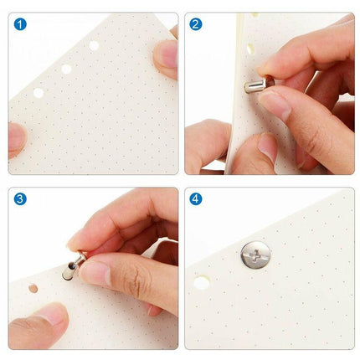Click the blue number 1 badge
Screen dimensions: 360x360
tap(20, 24)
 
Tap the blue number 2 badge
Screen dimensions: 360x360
tap(196, 24)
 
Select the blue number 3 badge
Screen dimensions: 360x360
tap(20, 199)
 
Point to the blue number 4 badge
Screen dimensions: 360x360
tap(196, 199)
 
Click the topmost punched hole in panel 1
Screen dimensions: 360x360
tap(94, 45)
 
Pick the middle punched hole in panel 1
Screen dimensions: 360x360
tap(66, 69)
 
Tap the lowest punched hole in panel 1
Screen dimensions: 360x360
tap(39, 93)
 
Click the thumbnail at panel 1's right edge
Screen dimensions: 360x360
tap(169, 54)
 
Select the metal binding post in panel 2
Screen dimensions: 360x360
tap(257, 85)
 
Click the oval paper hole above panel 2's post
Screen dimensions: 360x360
tap(249, 49)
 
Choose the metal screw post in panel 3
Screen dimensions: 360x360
tap(73, 265)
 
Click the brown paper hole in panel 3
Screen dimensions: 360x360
tap(33, 288)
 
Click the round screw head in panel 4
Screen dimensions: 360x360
tap(255, 255)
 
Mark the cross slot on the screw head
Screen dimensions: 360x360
tap(255, 255)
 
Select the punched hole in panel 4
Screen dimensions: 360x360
tap(202, 283)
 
